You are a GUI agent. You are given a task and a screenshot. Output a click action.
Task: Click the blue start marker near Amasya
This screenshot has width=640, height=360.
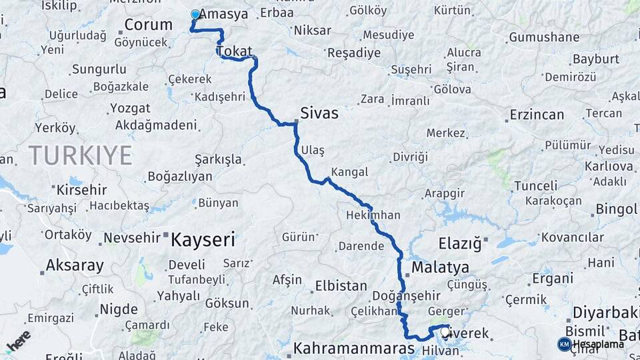coord(195,14)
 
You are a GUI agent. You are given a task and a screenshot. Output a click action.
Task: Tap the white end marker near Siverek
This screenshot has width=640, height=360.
coord(445,331)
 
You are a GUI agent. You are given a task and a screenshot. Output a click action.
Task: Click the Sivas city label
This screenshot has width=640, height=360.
coord(319,113)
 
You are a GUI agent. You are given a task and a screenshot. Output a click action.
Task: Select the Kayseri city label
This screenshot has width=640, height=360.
coord(203,239)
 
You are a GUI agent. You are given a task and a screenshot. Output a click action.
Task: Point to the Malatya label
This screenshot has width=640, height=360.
coord(440,268)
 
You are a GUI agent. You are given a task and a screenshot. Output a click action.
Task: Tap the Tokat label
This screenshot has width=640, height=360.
coord(235,51)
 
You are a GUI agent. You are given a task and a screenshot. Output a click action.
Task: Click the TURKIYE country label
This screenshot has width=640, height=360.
coord(80,156)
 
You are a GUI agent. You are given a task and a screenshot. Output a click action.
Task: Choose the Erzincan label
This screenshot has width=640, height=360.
coord(537,115)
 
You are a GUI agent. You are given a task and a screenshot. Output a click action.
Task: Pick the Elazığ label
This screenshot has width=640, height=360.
coord(460,244)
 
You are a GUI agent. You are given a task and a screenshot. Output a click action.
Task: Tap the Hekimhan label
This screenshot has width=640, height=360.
coord(373,215)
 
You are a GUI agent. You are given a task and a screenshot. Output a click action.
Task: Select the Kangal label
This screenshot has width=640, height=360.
coord(349,172)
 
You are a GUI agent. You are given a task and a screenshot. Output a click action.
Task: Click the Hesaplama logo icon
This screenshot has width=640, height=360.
coord(564,344)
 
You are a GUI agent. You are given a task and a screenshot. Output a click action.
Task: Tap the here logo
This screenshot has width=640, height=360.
coord(18,341)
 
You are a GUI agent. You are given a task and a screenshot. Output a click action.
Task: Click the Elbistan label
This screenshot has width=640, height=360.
coord(341,285)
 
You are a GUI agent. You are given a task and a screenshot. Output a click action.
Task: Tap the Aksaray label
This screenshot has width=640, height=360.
coord(75,265)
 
